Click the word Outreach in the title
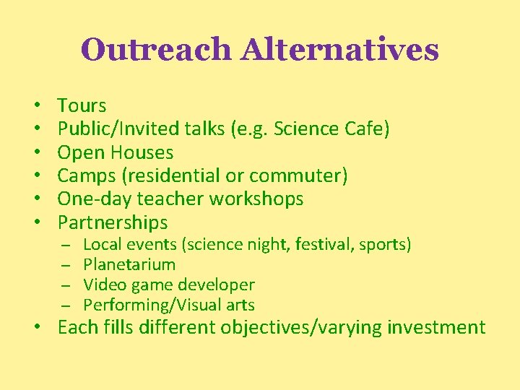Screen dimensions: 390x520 tap(157, 50)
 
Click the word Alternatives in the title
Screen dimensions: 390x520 tap(340, 50)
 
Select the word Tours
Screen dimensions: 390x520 tap(82, 105)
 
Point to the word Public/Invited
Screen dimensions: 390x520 tap(113, 129)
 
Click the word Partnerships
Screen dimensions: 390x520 tap(113, 222)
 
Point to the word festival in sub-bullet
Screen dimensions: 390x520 tap(331, 245)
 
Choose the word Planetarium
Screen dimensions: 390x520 tap(129, 264)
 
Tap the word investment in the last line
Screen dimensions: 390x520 tap(436, 327)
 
